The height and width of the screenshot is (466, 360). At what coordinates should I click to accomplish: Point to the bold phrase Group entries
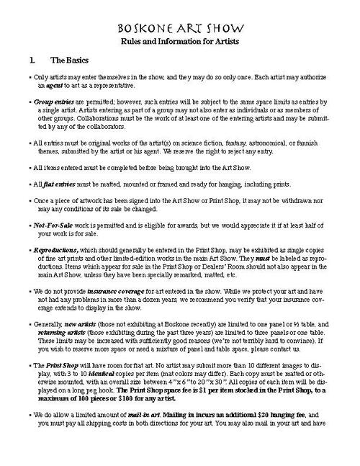pos(53,104)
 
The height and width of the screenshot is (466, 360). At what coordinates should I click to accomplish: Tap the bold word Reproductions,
pos(57,249)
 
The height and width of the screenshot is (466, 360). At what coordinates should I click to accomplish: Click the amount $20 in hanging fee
pos(276,418)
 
